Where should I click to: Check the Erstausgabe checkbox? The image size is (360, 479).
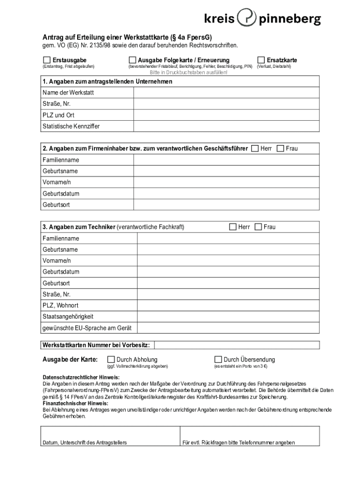[47, 60]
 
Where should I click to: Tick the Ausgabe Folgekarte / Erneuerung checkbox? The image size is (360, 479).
[132, 60]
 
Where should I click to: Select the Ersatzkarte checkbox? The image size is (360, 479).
[261, 60]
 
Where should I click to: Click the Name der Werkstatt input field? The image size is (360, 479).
[226, 93]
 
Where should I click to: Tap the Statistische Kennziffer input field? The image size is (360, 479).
[226, 126]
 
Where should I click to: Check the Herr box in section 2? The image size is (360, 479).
[255, 148]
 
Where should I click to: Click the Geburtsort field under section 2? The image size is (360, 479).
[226, 205]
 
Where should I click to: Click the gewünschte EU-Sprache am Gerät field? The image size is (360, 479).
[228, 328]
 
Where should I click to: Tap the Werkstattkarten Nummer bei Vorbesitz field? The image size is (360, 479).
[237, 345]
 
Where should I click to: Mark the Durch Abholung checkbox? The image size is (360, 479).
[111, 359]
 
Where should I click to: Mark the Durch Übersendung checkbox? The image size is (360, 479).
[218, 359]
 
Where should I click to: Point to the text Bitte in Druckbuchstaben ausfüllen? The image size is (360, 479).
[188, 73]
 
